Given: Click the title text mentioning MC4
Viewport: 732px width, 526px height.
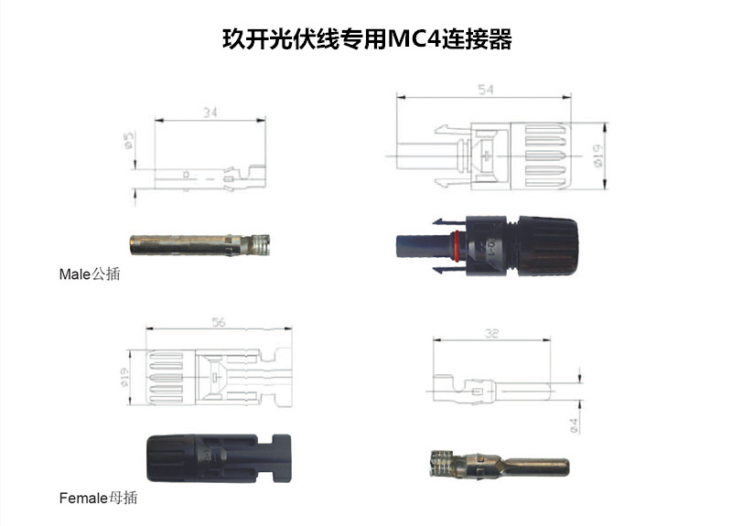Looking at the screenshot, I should click(367, 40).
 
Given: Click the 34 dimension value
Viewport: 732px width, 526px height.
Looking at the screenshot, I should click(210, 113).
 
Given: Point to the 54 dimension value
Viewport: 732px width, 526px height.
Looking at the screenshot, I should click(488, 89).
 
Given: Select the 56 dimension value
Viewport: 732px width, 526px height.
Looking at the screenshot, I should click(219, 323).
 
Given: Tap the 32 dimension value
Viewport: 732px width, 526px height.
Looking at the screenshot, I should click(494, 336).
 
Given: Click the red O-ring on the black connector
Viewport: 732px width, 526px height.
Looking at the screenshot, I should click(454, 245).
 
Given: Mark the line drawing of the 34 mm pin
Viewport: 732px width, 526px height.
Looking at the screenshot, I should click(210, 173).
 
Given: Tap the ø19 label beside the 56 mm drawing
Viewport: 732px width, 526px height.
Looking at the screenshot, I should click(128, 375).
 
